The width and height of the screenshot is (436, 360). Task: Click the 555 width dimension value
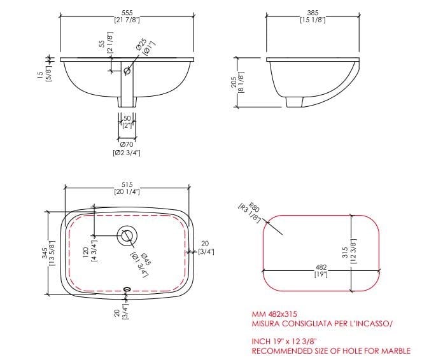pyautogui.click(x=127, y=13)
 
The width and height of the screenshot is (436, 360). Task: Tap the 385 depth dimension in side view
pyautogui.click(x=313, y=13)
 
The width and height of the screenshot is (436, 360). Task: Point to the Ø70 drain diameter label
pyautogui.click(x=127, y=145)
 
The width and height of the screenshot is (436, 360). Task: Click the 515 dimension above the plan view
pyautogui.click(x=127, y=184)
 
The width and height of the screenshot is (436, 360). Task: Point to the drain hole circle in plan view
pyautogui.click(x=126, y=237)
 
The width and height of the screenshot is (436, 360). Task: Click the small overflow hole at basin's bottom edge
pyautogui.click(x=126, y=289)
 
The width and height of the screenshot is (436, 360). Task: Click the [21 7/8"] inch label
pyautogui.click(x=127, y=20)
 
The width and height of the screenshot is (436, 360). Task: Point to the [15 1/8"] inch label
pyautogui.click(x=313, y=20)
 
